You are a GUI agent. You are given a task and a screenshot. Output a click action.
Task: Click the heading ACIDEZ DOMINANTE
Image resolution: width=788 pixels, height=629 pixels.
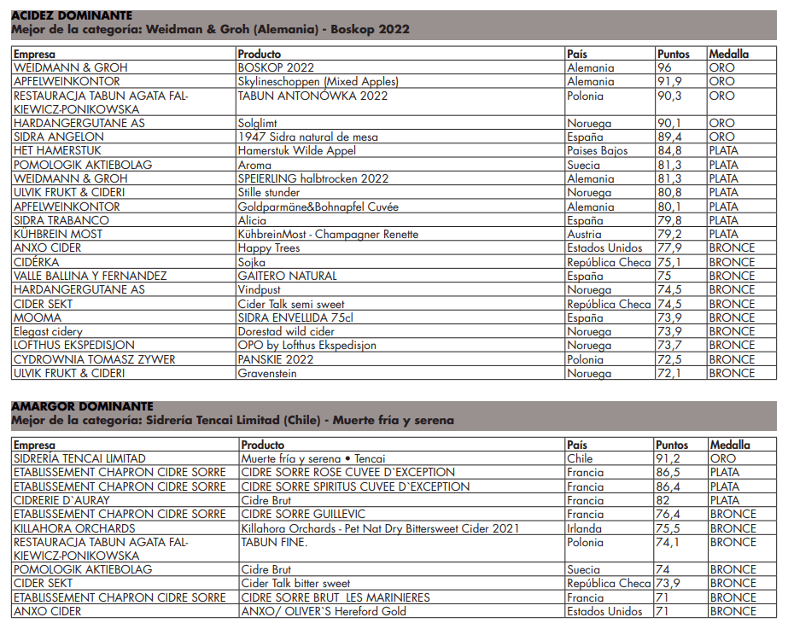tap(72, 15)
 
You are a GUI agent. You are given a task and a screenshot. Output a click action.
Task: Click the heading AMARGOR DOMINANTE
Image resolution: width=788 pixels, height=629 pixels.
tap(82, 407)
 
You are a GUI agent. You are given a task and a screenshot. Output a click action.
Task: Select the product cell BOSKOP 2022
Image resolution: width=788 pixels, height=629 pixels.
tap(276, 67)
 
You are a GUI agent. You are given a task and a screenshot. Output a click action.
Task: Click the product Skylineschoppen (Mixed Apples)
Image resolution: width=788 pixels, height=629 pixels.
tap(318, 81)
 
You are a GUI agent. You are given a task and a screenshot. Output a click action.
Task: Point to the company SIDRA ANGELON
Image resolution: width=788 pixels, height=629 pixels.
tap(59, 137)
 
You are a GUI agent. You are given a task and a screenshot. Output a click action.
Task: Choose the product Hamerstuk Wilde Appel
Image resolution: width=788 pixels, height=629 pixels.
tap(296, 151)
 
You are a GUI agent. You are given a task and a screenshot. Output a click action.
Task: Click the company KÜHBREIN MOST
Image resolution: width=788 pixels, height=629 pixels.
tap(58, 234)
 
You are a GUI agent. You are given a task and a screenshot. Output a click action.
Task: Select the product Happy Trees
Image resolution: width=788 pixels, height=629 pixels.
tap(269, 248)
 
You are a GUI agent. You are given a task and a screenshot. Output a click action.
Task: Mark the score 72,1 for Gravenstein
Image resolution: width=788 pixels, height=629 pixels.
tap(670, 373)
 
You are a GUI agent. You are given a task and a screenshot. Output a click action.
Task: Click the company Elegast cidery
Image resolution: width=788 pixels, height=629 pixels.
tap(49, 331)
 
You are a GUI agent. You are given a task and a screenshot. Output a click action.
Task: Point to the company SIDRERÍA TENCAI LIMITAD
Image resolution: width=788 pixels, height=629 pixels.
tap(79, 458)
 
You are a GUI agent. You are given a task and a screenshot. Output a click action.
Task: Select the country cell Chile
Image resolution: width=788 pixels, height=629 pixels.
tap(580, 458)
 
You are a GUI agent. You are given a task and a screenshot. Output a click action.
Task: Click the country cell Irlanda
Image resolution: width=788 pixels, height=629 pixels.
tap(585, 528)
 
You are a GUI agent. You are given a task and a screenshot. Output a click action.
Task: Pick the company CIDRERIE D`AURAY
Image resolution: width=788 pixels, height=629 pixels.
tap(61, 500)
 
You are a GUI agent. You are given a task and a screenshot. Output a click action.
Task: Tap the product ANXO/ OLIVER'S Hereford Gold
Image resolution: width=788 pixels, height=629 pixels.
tap(324, 611)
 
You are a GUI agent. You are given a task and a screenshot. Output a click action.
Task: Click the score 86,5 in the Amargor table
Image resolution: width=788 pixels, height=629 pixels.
tap(669, 472)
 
